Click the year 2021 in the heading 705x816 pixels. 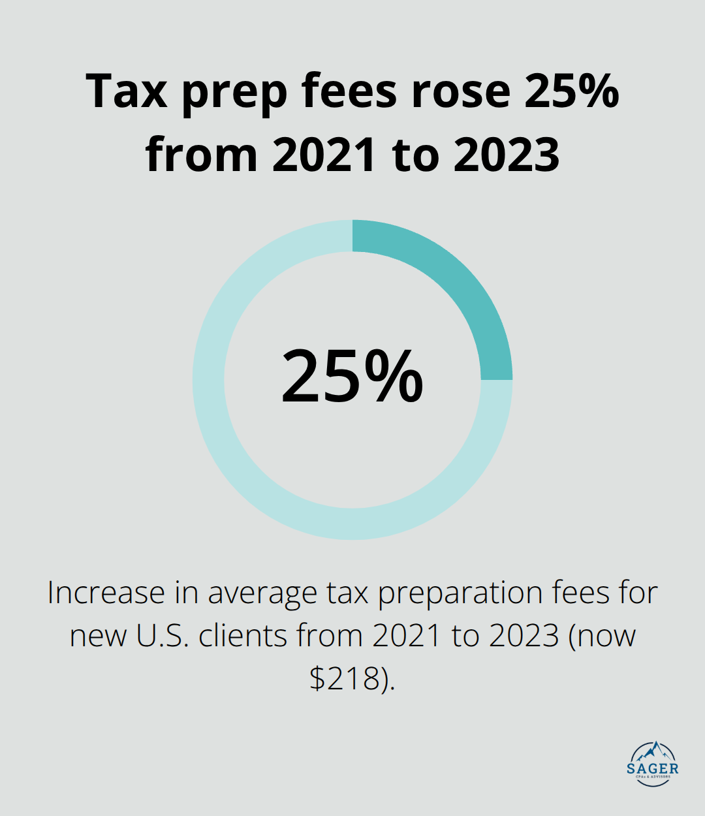pos(324,155)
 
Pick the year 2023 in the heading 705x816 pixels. pos(507,155)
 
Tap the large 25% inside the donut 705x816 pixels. pos(352,377)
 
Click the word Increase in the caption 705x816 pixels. pos(106,593)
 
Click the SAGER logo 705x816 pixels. pos(653,764)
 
